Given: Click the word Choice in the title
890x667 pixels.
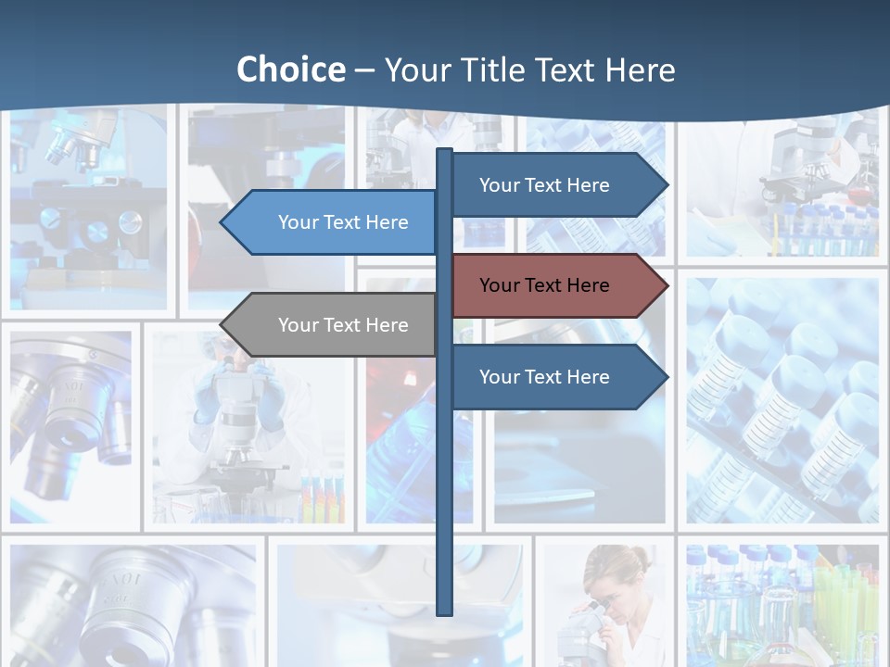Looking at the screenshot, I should [x=290, y=69].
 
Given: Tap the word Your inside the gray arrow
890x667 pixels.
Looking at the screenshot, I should [x=299, y=325].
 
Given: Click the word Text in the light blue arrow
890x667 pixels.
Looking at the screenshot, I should [x=343, y=222].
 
